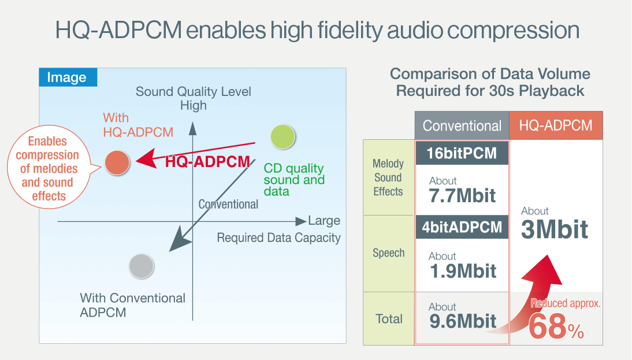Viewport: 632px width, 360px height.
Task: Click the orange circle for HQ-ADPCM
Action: point(117,162)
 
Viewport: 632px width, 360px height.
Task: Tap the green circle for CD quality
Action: point(283,137)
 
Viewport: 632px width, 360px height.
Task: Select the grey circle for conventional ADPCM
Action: point(142,266)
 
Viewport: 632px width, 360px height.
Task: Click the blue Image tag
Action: point(68,77)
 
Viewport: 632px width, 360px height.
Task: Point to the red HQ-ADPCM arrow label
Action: point(207,162)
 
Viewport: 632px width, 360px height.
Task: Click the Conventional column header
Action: point(462,126)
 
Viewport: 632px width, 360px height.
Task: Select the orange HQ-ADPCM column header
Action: point(556,126)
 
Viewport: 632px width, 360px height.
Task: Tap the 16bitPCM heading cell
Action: point(462,153)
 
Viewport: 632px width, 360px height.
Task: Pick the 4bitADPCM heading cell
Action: point(462,227)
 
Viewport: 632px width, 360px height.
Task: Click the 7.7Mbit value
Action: point(462,196)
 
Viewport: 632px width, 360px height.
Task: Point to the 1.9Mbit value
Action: point(463,271)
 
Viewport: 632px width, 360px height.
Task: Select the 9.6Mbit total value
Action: point(463,321)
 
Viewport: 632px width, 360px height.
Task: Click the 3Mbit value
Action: point(555,229)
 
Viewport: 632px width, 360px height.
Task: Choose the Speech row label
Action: point(389,253)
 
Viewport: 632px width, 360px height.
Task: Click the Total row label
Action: point(389,319)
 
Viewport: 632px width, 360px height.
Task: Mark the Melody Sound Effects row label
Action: point(388,177)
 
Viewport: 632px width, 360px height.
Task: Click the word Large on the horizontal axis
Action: point(324,221)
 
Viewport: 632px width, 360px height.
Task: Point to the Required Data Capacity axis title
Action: point(278,238)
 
